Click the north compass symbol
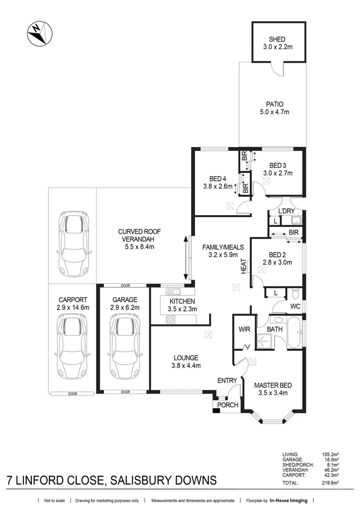point(40,34)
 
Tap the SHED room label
point(278,40)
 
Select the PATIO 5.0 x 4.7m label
point(275,108)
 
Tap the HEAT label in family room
point(243,266)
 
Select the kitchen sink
point(172,291)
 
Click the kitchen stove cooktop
point(170,319)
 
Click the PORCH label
point(227,405)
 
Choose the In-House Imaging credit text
point(288,501)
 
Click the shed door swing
point(276,69)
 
